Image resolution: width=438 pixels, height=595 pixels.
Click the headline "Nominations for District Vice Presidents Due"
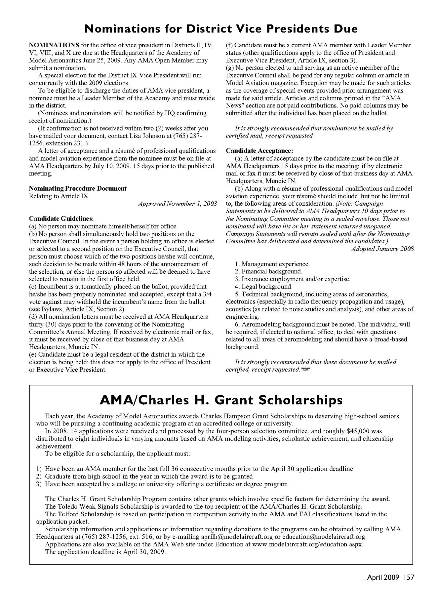click(221, 29)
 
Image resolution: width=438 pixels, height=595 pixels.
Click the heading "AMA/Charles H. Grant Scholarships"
click(221, 400)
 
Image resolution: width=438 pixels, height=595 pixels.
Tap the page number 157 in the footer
click(409, 577)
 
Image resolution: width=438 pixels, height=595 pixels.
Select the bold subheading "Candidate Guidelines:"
click(61, 218)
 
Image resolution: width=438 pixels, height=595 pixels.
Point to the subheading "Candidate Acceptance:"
click(259, 151)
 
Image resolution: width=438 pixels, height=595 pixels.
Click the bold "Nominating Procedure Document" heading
click(78, 188)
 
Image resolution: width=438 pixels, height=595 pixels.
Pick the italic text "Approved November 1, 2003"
click(177, 204)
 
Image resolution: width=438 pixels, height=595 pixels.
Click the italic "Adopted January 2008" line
click(382, 249)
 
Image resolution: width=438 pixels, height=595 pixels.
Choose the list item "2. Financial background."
click(268, 271)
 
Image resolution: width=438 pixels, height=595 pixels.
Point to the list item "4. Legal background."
click(263, 287)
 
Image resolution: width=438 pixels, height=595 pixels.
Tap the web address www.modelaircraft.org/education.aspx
click(307, 544)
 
